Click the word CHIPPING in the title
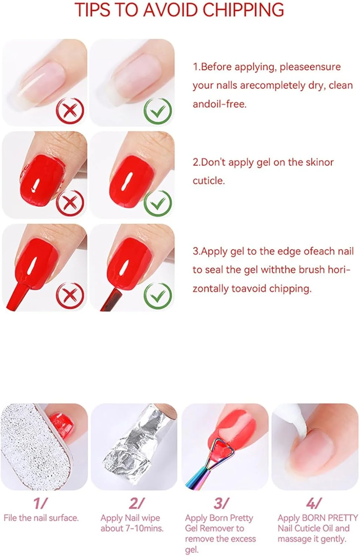[243, 10]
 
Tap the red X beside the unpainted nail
[70, 111]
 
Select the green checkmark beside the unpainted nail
[158, 111]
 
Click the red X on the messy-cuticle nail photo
[70, 203]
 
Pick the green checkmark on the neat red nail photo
[158, 203]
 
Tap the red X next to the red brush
[70, 296]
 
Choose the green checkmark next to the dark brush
[158, 296]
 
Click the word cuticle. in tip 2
[209, 181]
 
